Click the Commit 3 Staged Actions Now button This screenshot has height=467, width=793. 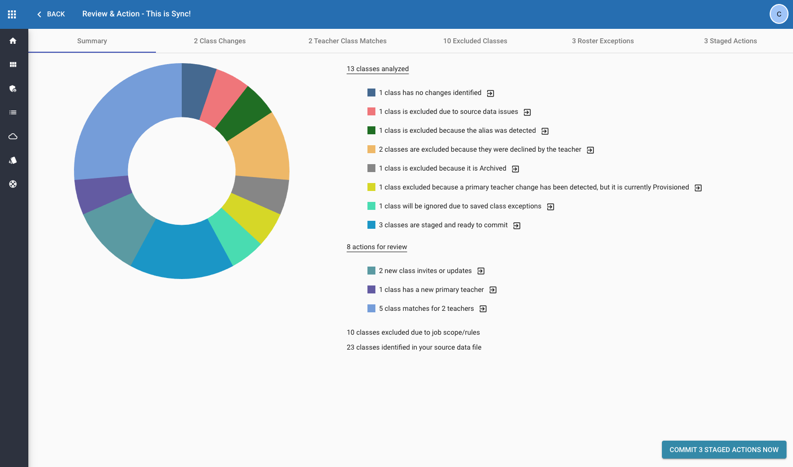[723, 450]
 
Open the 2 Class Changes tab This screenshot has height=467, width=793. [219, 41]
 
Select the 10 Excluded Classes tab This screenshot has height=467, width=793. [475, 41]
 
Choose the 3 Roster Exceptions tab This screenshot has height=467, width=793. [602, 41]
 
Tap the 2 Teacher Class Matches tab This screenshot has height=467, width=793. [347, 41]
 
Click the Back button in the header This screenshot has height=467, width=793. [51, 14]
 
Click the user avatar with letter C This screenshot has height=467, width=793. [779, 14]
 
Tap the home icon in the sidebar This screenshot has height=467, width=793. [13, 41]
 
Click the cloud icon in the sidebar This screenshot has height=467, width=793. [13, 136]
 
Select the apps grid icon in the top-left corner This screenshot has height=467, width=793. [12, 14]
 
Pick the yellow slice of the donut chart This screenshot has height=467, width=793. [253, 216]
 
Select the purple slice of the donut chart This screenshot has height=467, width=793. [102, 194]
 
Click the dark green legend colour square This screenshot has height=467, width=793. [371, 130]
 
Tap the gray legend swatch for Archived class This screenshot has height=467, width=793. [371, 168]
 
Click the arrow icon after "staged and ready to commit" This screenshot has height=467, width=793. [516, 226]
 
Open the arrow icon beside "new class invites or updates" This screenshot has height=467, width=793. [481, 271]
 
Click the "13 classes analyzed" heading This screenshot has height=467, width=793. [377, 69]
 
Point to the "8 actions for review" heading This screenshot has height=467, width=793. [376, 247]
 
